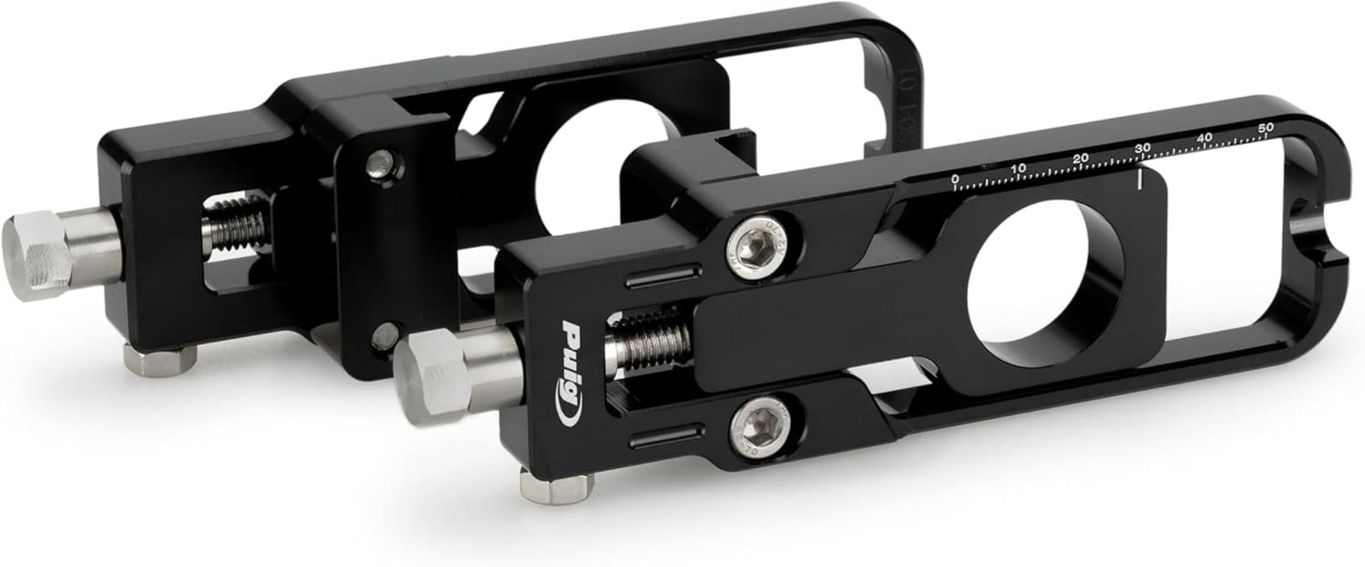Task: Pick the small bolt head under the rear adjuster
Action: click(159, 358)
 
